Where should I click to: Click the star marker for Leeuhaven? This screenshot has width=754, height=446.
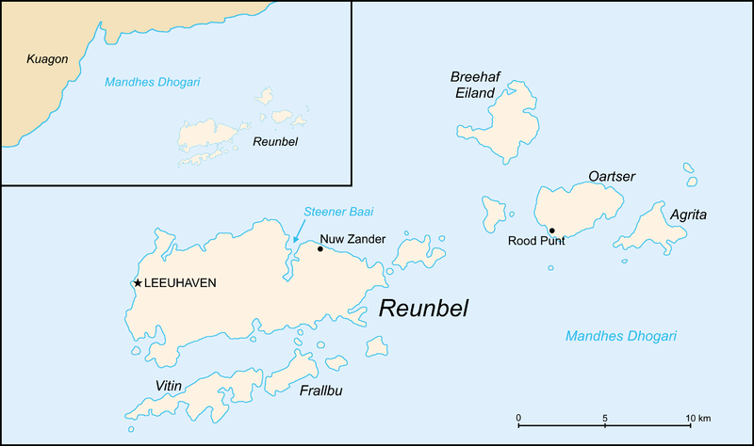coord(139,282)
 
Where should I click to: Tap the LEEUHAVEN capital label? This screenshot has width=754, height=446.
coord(182,282)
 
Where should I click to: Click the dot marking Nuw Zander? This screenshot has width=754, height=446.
coord(320,249)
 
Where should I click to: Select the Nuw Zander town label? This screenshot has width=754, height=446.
coord(353,239)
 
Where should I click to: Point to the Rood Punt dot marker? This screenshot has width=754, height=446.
coord(552,231)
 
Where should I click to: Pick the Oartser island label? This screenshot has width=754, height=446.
coord(612,176)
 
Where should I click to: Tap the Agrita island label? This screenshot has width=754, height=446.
coord(688,215)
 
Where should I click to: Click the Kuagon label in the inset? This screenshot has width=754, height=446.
coord(48,58)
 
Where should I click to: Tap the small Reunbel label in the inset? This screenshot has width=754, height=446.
coord(276,141)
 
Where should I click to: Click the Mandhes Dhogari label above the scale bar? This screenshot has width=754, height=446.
coord(621,336)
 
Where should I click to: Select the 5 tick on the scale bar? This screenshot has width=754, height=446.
coord(604,417)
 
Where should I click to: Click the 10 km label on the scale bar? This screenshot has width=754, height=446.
coord(697,417)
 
